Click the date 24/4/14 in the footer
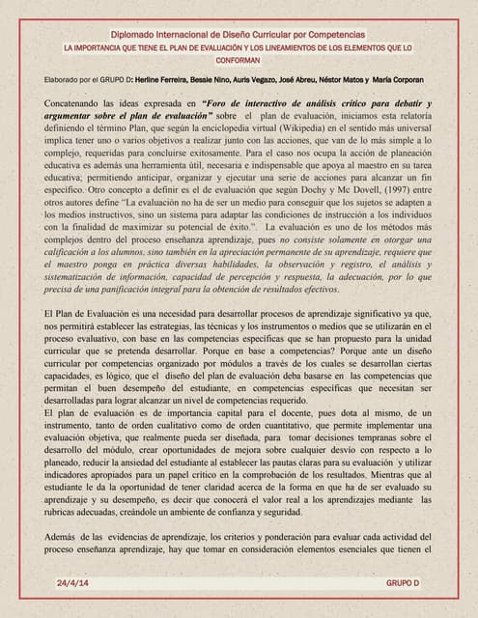coord(71,585)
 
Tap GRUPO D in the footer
coord(402,585)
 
